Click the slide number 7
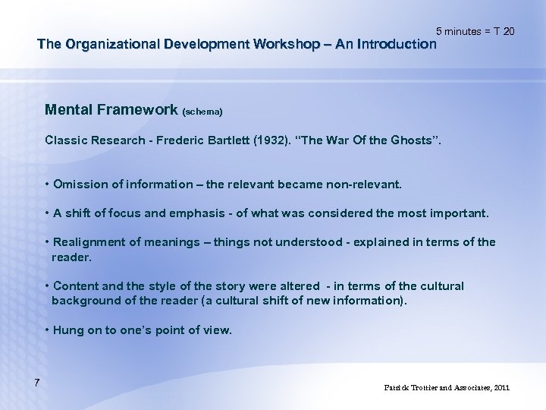(x=36, y=380)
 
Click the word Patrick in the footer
(x=397, y=388)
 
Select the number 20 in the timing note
(x=508, y=31)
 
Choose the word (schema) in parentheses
(x=202, y=112)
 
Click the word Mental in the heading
(x=68, y=110)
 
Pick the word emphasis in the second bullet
(x=189, y=213)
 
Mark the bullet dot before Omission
(x=47, y=184)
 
